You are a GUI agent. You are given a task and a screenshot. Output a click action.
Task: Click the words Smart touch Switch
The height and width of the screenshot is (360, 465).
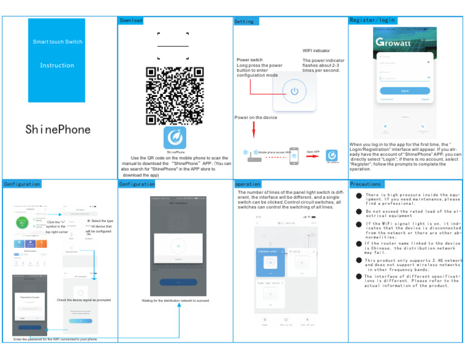58,42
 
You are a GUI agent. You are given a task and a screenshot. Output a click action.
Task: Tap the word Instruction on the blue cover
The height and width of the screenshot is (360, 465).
57,65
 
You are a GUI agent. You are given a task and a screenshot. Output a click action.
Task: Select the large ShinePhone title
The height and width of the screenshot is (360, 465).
58,129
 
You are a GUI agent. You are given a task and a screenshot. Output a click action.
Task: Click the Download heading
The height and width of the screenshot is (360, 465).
131,21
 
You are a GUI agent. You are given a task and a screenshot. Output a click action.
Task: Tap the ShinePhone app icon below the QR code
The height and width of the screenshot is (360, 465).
175,137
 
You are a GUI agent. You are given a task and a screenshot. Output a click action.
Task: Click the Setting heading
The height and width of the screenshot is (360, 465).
244,22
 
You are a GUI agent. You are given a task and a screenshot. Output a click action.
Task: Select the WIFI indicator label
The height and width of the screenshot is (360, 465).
316,51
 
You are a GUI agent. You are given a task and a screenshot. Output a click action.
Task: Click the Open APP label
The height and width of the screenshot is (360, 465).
313,152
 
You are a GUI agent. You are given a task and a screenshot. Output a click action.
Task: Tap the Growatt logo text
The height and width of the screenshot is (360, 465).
393,42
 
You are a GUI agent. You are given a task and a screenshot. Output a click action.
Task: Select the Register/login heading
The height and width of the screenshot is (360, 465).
372,20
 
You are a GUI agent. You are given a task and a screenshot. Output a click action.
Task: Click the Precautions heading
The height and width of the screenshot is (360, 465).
365,184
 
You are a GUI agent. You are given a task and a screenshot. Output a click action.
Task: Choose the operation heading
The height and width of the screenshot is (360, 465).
248,184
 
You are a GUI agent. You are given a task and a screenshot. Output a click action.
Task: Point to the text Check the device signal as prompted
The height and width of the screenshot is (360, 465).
84,300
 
